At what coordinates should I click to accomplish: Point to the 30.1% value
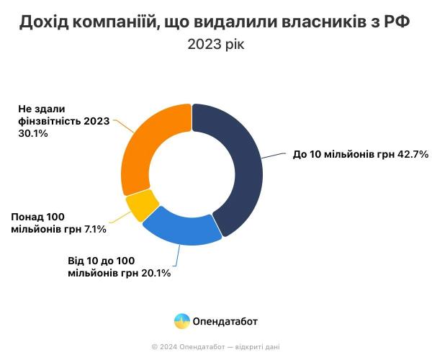click(x=33, y=133)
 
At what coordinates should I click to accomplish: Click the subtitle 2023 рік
click(x=216, y=44)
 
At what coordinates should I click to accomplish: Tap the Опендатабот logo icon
click(x=182, y=321)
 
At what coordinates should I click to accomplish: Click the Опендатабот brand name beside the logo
click(x=225, y=321)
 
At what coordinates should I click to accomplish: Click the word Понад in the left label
click(x=27, y=217)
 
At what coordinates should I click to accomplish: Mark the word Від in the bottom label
click(x=77, y=260)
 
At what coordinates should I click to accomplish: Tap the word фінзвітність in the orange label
click(x=48, y=121)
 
